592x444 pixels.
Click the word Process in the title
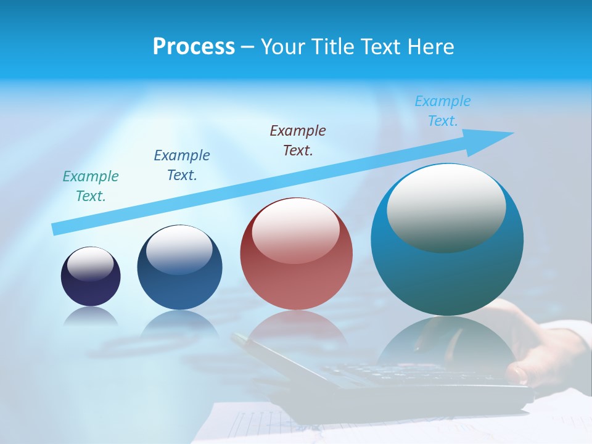click(194, 46)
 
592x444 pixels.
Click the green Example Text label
click(91, 186)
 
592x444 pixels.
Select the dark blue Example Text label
click(182, 165)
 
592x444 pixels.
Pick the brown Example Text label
click(298, 141)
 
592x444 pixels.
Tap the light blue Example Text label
click(443, 111)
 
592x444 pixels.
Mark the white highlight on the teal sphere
click(446, 207)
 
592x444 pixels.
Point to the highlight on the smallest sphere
click(91, 264)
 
